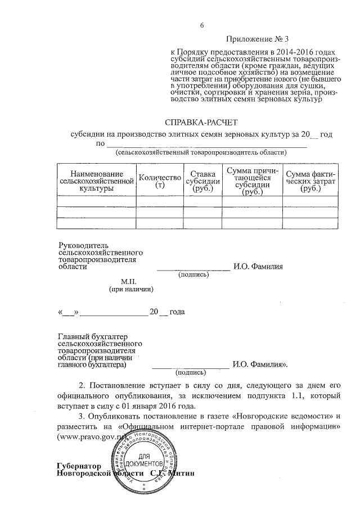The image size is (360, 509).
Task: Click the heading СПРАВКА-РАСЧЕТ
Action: (x=201, y=122)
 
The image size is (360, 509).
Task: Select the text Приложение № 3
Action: (x=254, y=39)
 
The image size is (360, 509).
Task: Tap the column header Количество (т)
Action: (x=160, y=181)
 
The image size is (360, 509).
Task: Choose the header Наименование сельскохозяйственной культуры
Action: (x=97, y=181)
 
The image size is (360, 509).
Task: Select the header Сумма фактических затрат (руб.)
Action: (x=310, y=181)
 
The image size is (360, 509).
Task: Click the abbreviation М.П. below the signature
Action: (x=130, y=280)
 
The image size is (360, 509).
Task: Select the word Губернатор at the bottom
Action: (x=79, y=466)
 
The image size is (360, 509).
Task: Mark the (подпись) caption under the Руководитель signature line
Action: (x=193, y=275)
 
